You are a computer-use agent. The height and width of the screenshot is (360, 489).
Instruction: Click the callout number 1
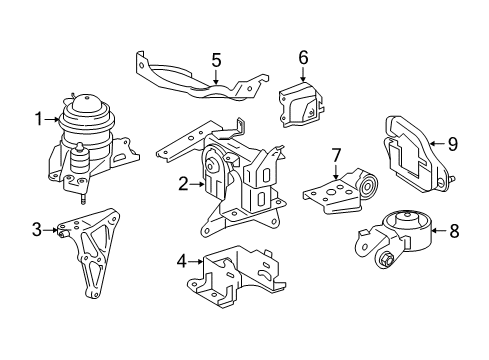pyautogui.click(x=39, y=120)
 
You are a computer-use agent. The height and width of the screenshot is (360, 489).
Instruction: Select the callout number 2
pyautogui.click(x=183, y=183)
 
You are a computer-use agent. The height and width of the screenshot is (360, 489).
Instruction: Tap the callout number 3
pyautogui.click(x=38, y=231)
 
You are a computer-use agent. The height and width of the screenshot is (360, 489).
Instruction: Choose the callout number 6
pyautogui.click(x=302, y=57)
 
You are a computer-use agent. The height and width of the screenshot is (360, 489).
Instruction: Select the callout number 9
pyautogui.click(x=452, y=144)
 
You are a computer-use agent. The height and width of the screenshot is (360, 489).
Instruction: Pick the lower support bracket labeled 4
pyautogui.click(x=235, y=274)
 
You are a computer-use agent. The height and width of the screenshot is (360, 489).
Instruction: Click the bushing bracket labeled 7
pyautogui.click(x=345, y=191)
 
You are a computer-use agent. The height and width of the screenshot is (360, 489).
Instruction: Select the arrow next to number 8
pyautogui.click(x=438, y=231)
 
